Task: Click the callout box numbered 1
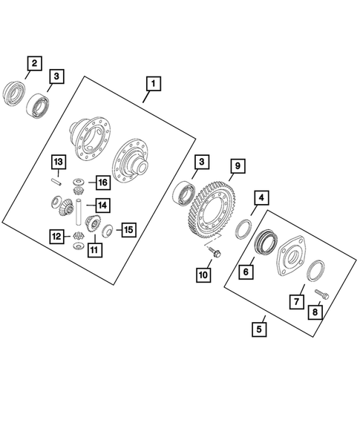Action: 154,84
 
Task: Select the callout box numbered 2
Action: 34,63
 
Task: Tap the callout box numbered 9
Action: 238,166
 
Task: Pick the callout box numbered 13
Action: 59,162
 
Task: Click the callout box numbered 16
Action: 103,183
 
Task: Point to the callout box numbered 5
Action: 259,329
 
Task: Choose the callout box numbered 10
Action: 203,275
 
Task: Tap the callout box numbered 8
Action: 315,312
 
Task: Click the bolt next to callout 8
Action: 322,294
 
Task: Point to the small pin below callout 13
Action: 56,182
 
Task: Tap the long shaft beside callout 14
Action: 79,211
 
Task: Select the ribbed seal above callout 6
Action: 266,241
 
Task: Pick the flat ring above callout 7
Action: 315,271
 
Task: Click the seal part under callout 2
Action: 13,93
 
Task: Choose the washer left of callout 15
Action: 107,231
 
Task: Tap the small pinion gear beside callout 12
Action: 79,236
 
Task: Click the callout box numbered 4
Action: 261,198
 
